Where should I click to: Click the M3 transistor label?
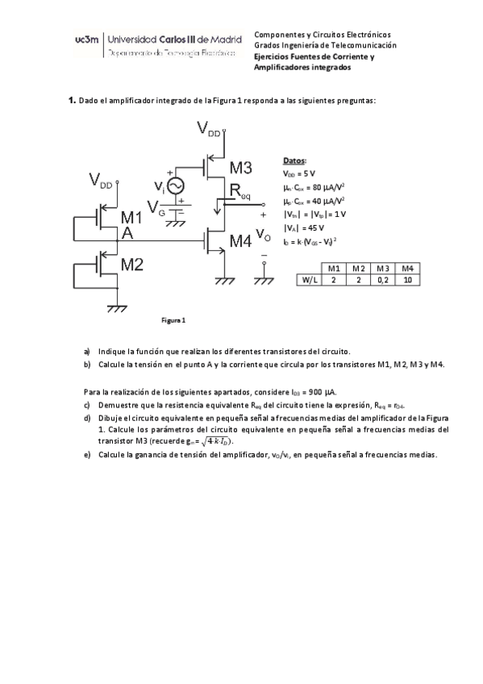240,168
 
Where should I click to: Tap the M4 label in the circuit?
240,240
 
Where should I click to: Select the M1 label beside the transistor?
131,218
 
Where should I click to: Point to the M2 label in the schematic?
131,264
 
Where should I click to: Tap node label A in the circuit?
127,234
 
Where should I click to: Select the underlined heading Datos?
294,161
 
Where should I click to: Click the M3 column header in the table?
383,268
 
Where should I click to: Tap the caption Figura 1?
173,320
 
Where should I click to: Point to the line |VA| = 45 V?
303,227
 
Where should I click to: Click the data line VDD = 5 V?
302,173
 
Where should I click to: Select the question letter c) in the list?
86,404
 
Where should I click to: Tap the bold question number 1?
71,101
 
